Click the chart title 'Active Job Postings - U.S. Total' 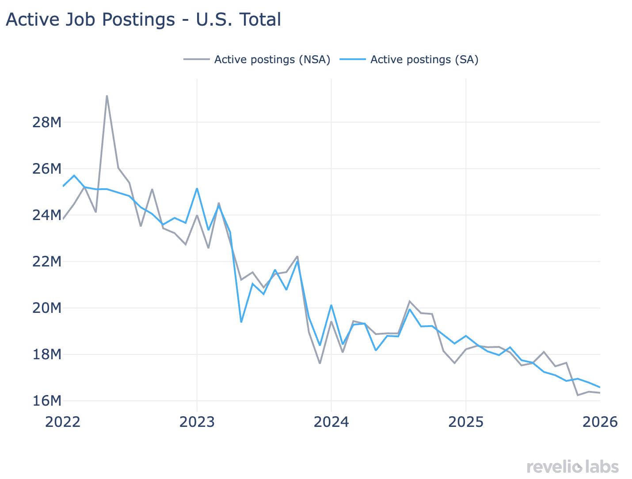pos(143,20)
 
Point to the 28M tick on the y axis pos(46,122)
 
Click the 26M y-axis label pos(46,169)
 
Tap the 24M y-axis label pos(46,215)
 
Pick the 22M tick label pos(46,262)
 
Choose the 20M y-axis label pos(46,308)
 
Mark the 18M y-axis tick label pos(46,354)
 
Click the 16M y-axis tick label pos(46,401)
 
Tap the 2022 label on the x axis pos(63,422)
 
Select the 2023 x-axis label pos(197,422)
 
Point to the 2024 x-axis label pos(331,422)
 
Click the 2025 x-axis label pos(465,422)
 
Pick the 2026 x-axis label pos(600,422)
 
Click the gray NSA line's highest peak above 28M pos(107,96)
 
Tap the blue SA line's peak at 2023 pos(197,189)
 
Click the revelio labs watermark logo pos(572,466)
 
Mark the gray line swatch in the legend pos(197,60)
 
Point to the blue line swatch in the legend pos(353,60)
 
